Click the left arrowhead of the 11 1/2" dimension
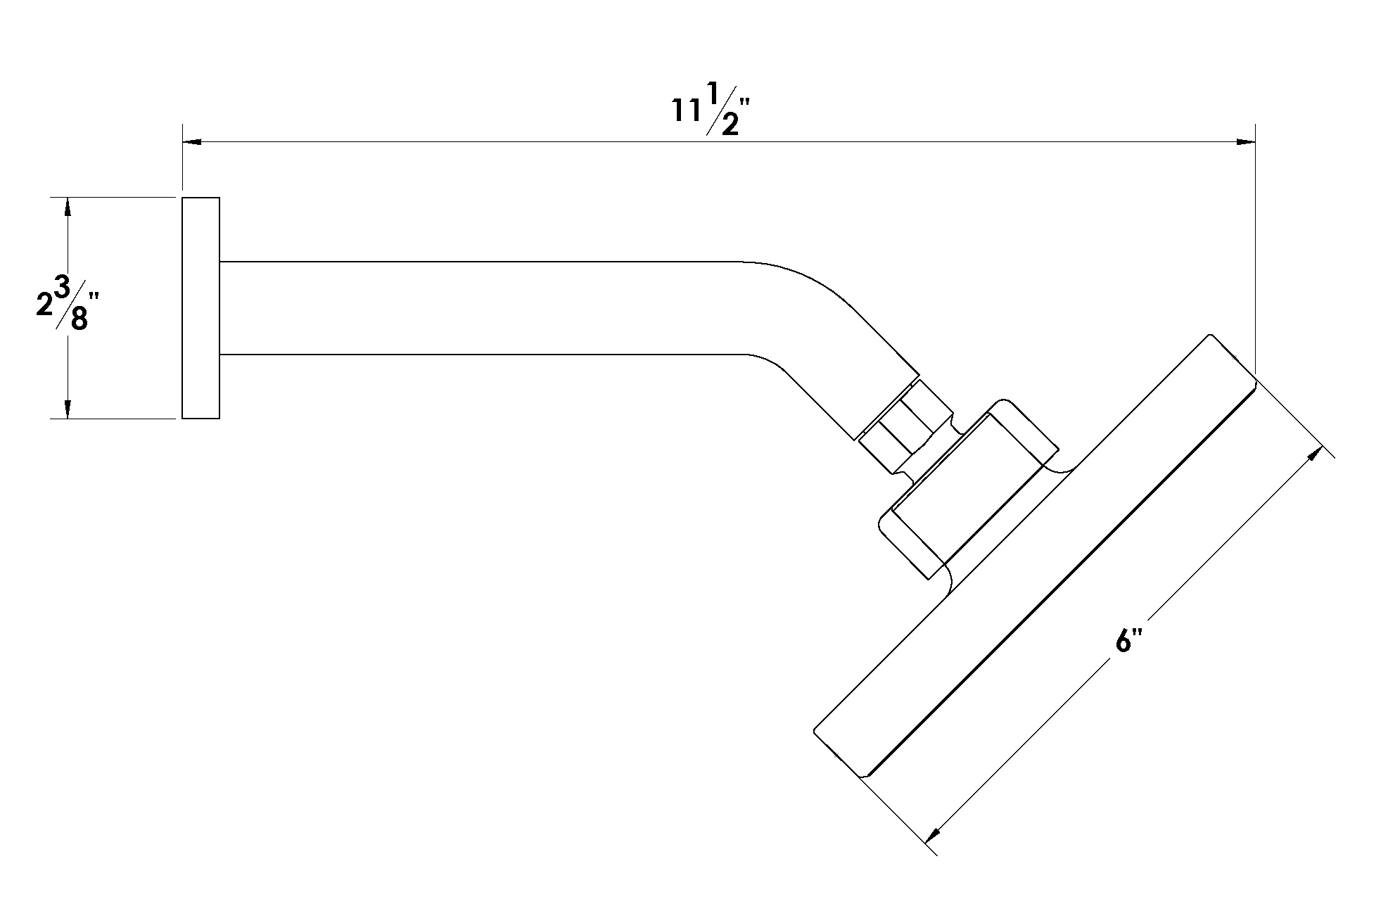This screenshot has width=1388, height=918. (x=192, y=143)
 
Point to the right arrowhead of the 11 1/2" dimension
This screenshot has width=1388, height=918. (x=1246, y=143)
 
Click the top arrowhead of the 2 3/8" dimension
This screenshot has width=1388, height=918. (x=68, y=205)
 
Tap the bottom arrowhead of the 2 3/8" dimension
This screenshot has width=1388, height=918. (x=68, y=410)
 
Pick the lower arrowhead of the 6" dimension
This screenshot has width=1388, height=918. (x=934, y=834)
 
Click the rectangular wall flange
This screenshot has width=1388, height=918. (x=200, y=308)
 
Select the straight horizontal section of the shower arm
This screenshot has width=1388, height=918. (x=478, y=307)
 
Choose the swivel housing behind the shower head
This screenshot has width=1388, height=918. (x=971, y=492)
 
